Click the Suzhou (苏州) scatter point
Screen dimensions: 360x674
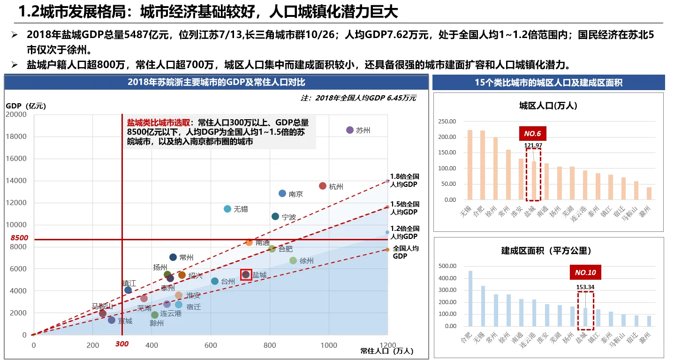(x=349, y=130)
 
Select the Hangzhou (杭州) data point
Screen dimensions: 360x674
(x=323, y=186)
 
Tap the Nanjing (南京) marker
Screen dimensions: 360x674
(x=282, y=193)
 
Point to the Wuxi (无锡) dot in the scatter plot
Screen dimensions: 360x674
(x=227, y=209)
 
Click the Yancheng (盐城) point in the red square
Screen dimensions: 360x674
(x=246, y=275)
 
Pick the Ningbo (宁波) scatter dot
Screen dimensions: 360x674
(x=275, y=216)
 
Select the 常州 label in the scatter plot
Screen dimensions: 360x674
(x=186, y=258)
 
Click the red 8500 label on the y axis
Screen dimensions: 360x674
(x=19, y=238)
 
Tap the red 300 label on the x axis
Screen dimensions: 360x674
(x=122, y=344)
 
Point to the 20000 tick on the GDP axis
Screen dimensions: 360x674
(x=16, y=115)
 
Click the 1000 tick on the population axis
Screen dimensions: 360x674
(x=328, y=345)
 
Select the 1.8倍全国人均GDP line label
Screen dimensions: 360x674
(x=404, y=180)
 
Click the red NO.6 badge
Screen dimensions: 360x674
(x=532, y=133)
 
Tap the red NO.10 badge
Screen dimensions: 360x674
(x=585, y=273)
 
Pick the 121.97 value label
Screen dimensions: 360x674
(x=533, y=146)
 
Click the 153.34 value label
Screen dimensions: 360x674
(x=585, y=287)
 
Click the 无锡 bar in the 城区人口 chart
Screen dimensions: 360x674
(x=470, y=164)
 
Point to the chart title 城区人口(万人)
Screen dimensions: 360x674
(x=548, y=106)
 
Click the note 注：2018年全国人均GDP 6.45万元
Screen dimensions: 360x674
(x=358, y=98)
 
